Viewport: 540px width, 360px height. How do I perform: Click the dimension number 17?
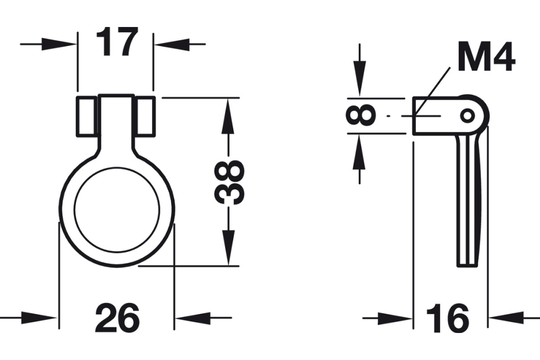[116, 43]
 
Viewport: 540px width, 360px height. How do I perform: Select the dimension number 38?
[229, 181]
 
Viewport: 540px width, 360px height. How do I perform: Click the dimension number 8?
[360, 115]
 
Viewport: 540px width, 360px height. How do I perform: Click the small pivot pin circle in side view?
[468, 115]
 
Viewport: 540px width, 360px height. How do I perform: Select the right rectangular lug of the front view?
[145, 116]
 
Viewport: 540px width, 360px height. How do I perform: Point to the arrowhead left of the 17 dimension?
[59, 44]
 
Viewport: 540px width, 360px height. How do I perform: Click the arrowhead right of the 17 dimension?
[170, 44]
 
